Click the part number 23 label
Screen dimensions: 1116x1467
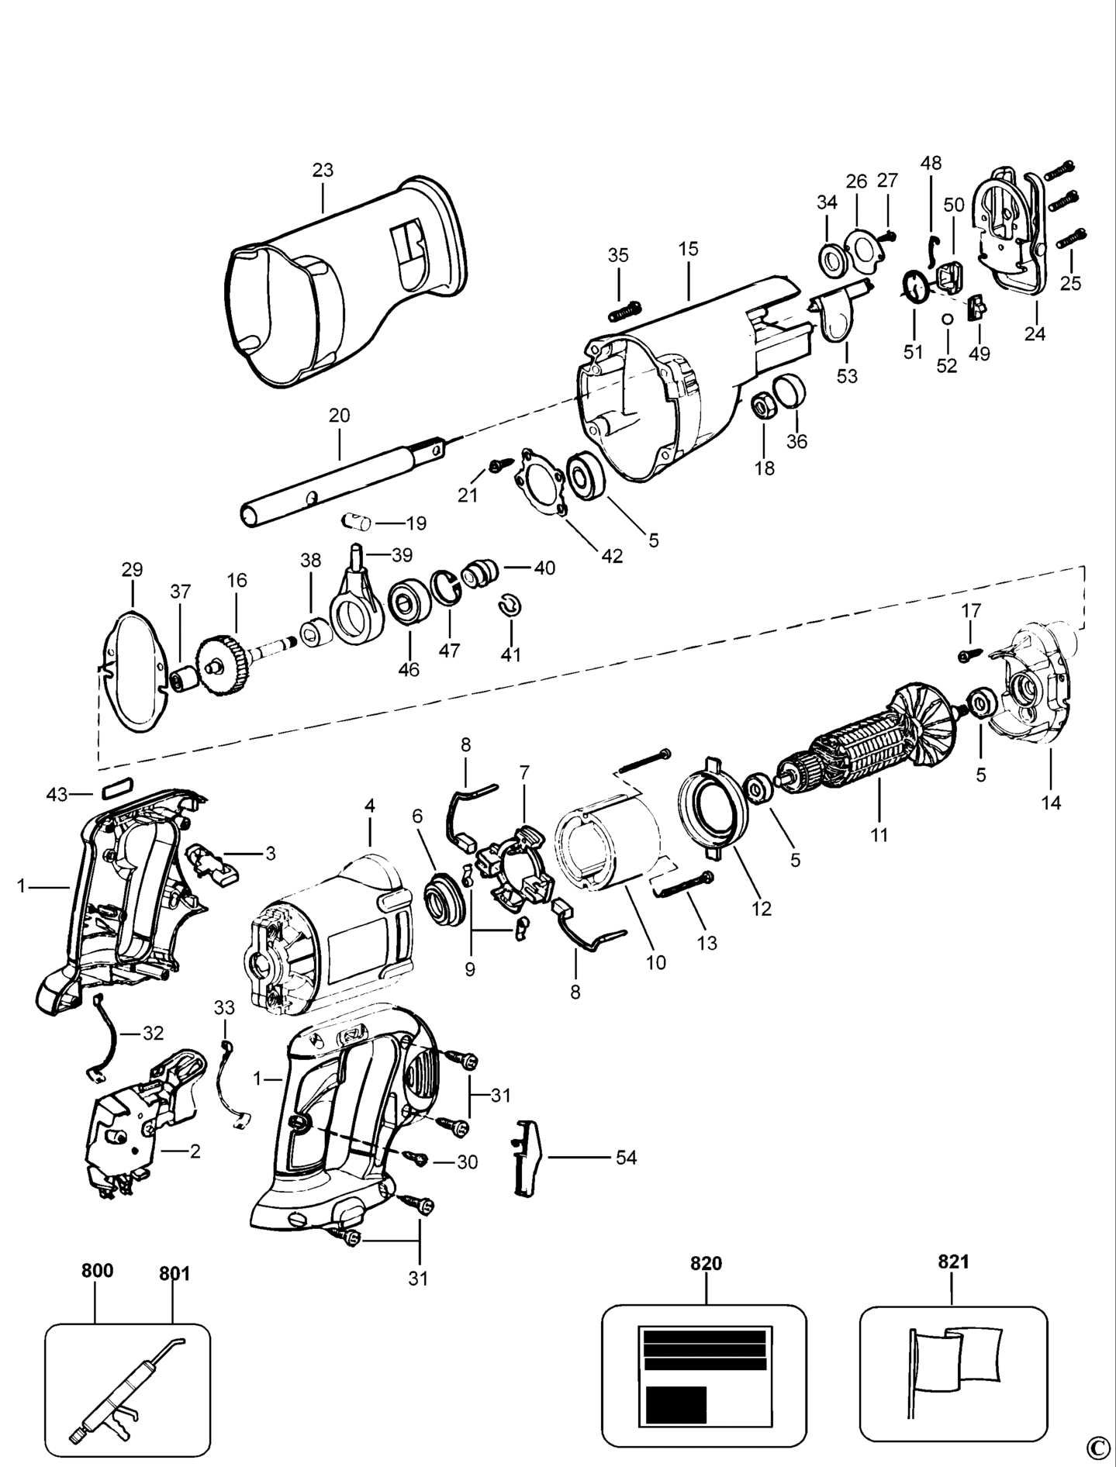pyautogui.click(x=323, y=170)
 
